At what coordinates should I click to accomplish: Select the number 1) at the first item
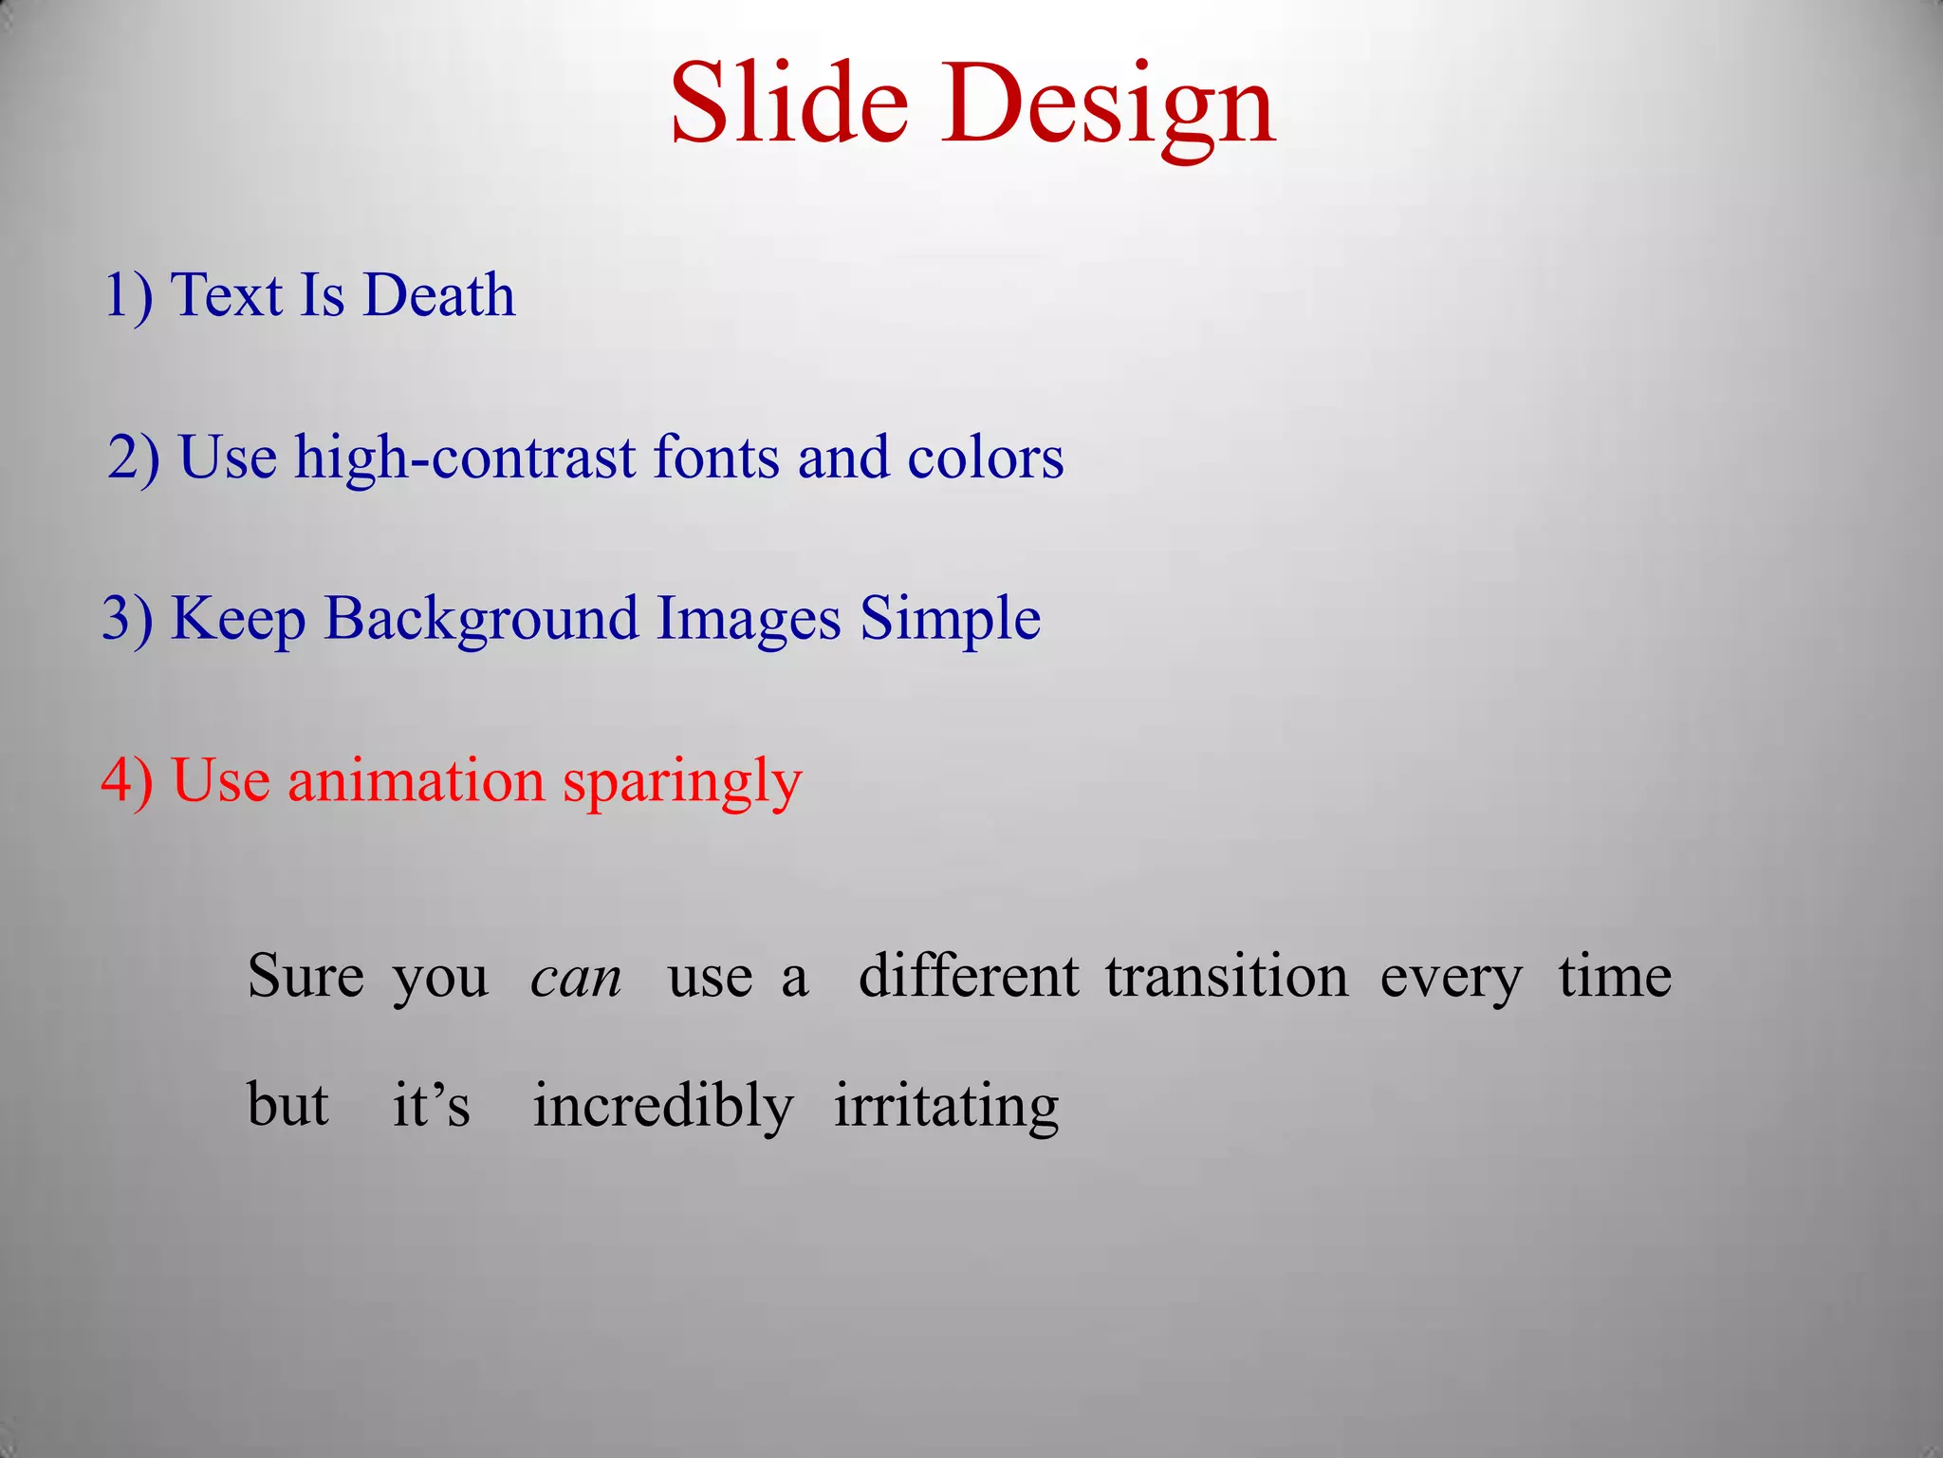pyautogui.click(x=128, y=295)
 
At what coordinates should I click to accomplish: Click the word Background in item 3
pyautogui.click(x=481, y=620)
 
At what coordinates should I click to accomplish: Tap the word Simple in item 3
pyautogui.click(x=950, y=620)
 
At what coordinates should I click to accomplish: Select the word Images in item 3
pyautogui.click(x=749, y=620)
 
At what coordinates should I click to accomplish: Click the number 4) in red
pyautogui.click(x=127, y=781)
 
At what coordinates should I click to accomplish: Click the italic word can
pyautogui.click(x=576, y=978)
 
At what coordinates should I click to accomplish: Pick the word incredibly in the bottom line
pyautogui.click(x=662, y=1107)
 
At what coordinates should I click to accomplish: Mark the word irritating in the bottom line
pyautogui.click(x=946, y=1107)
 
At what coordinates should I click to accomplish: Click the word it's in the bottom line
pyautogui.click(x=431, y=1105)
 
